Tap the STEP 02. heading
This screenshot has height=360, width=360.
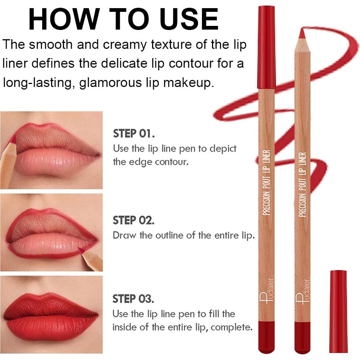click(x=134, y=220)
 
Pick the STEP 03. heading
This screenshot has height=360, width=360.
click(x=134, y=299)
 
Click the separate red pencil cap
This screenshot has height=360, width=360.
click(x=338, y=311)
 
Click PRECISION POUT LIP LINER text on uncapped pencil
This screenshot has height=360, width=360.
click(x=302, y=185)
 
